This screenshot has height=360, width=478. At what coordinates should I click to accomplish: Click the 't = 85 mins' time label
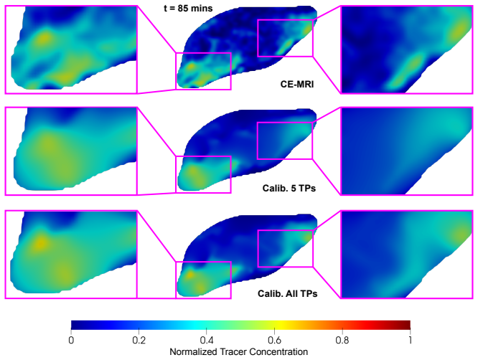[188, 8]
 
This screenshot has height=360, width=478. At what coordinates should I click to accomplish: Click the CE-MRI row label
[297, 84]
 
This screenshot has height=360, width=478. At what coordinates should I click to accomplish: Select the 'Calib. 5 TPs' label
[289, 188]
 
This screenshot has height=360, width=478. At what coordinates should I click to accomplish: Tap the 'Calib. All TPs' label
[288, 293]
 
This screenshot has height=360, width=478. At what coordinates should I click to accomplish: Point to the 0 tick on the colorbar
[71, 340]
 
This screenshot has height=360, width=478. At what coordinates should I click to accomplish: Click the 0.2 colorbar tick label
[139, 340]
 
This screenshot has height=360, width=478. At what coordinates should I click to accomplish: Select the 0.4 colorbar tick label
[207, 340]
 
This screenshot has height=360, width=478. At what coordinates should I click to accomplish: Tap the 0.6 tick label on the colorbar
[274, 340]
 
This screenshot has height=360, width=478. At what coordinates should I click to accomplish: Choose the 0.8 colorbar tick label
[342, 340]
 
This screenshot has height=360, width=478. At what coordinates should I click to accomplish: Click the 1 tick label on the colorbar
[410, 340]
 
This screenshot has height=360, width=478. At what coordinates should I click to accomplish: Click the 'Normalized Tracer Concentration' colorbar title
[239, 352]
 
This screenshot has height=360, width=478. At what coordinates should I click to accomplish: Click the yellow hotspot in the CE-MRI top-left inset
[44, 38]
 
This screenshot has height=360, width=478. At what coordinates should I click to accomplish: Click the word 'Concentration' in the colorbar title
[278, 352]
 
